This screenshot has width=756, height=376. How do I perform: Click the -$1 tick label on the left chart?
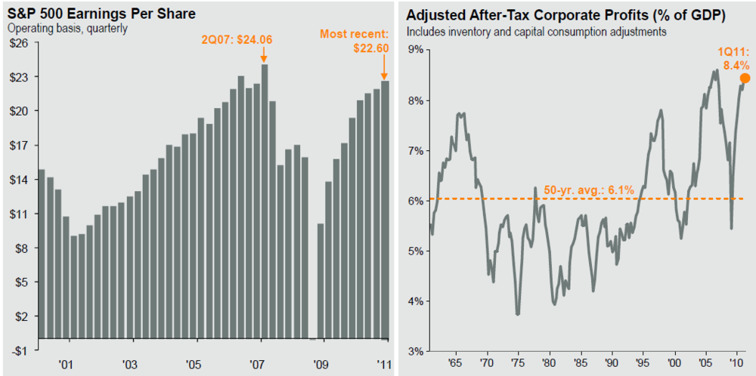tap(19, 350)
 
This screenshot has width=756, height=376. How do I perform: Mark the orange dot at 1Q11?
tap(745, 78)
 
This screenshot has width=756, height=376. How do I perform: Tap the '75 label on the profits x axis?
tap(518, 363)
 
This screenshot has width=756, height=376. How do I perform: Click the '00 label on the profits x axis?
tap(674, 363)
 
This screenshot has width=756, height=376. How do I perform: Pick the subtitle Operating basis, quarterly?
tap(67, 29)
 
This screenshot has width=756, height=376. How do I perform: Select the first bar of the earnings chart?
tap(42, 254)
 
